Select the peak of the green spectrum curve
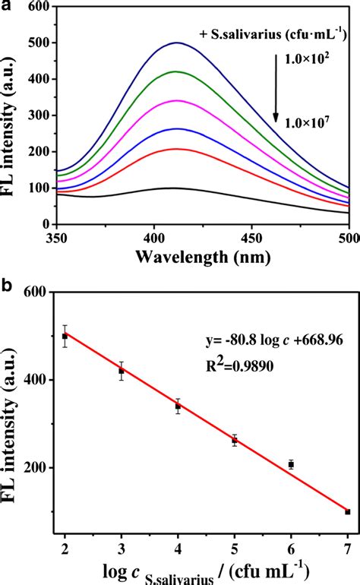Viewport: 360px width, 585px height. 176,71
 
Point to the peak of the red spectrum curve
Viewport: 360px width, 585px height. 177,149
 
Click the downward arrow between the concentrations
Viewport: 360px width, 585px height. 276,96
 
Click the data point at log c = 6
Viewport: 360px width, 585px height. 291,464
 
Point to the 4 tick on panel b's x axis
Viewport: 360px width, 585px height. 178,549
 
